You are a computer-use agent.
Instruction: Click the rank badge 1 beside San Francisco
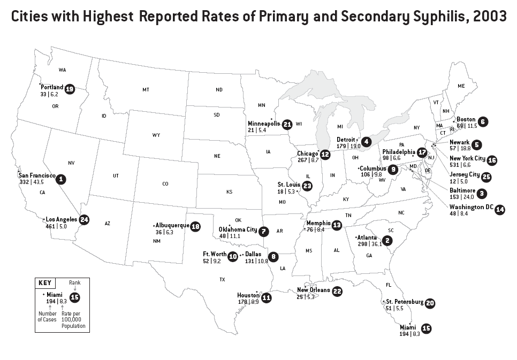pos(62,179)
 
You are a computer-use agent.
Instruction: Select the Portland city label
pos(52,87)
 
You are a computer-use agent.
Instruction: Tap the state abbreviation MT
pos(146,90)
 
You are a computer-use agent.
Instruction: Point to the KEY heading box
pos(44,283)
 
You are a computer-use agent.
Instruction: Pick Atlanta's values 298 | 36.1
pos(370,244)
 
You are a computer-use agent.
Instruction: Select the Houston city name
pos(248,295)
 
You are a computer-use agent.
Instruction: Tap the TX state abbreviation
pos(222,280)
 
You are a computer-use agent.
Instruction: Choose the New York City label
pos(467,159)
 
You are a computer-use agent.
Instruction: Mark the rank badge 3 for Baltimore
pos(482,193)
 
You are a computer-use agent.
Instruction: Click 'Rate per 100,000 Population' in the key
pos(73,320)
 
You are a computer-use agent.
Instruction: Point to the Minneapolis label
pos(264,124)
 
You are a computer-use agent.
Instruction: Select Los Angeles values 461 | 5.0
pos(56,226)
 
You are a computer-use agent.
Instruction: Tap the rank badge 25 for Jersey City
pos(486,177)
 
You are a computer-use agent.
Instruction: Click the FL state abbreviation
pos(389,285)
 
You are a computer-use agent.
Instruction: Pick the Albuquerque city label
pos(172,226)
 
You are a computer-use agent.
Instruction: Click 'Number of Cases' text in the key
pos(47,317)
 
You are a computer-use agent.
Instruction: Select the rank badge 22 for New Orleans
pos(337,292)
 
